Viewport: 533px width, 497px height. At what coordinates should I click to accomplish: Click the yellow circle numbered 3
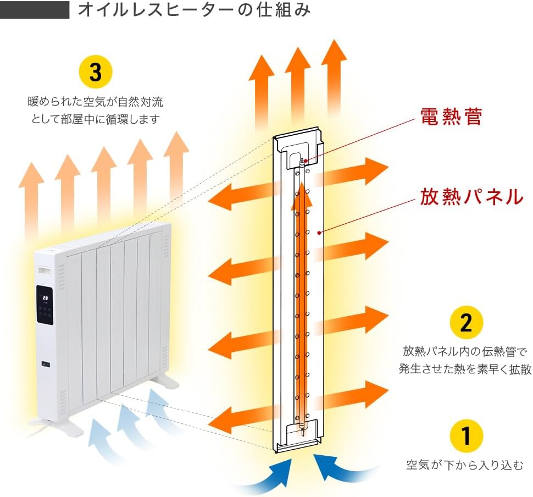96,72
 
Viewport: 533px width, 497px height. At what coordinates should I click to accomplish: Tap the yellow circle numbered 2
465,323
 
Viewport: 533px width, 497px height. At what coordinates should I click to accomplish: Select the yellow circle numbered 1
465,437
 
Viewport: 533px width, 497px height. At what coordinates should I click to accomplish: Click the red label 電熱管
451,117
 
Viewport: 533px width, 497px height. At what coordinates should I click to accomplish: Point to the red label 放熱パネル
471,196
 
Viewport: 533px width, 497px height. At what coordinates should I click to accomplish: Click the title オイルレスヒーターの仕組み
195,10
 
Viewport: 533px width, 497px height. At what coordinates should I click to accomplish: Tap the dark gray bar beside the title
35,10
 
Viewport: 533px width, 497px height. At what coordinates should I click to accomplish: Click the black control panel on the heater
45,306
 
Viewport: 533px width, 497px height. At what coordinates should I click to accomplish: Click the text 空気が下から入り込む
465,465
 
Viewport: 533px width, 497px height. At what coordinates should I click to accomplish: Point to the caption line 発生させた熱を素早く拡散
465,368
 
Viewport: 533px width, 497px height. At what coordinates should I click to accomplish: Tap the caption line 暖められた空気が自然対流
96,102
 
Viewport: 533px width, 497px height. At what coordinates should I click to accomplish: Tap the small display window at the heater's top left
43,270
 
